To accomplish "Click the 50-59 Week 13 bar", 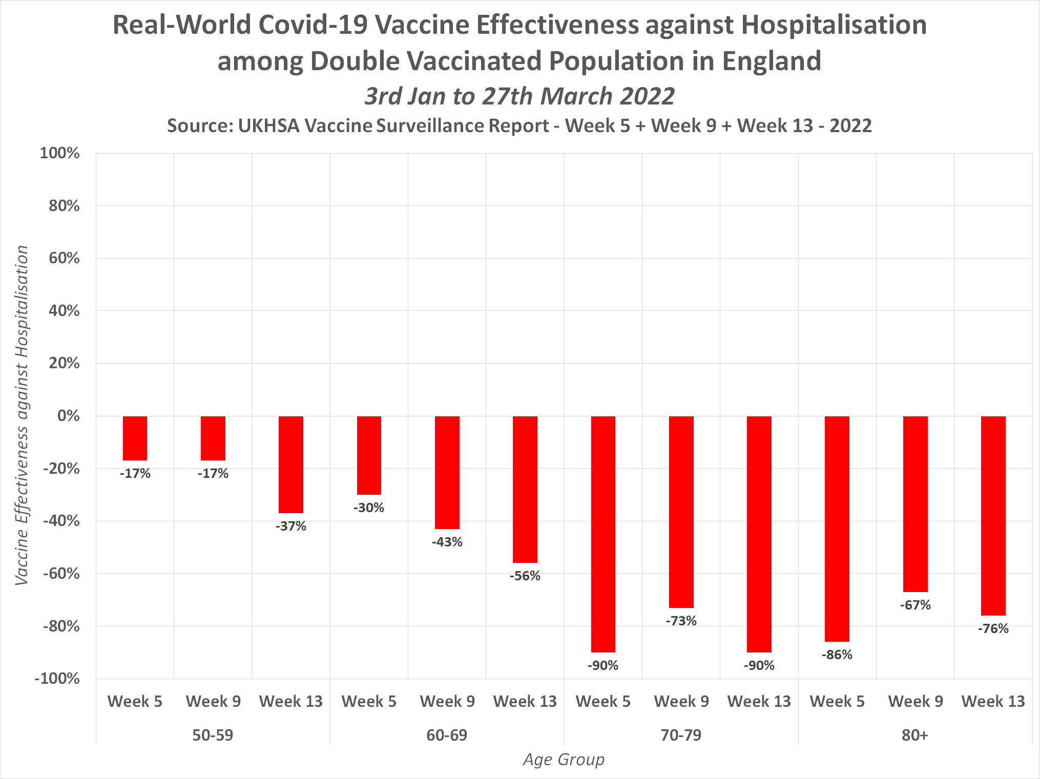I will point(290,464).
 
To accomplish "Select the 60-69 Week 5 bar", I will point(369,455).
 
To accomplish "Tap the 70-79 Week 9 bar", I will point(681,512).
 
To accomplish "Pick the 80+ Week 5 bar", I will point(837,529).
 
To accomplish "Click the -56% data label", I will point(525,576).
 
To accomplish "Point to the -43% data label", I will point(447,542).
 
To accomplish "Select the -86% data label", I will point(837,655).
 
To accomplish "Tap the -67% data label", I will point(916,605).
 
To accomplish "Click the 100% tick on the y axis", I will point(60,153).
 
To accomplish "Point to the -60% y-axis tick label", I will point(61,574).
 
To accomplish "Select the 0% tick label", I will point(68,416).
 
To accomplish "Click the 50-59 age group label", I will point(213,735).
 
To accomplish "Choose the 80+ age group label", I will point(915,735).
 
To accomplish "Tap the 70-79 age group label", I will point(681,735).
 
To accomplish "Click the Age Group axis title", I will point(564,760).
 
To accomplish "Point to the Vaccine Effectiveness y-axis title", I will point(22,415).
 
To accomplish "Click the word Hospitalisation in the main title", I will point(834,25).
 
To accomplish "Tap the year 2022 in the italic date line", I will point(647,96).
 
